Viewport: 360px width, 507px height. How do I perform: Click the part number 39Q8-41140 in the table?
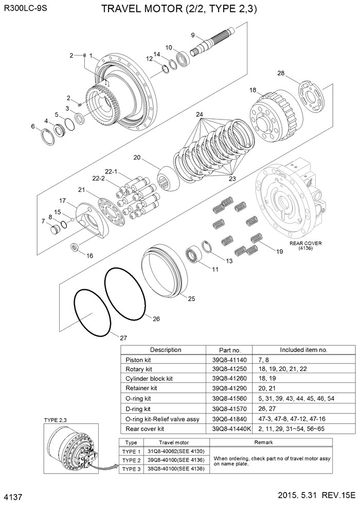pos(226,360)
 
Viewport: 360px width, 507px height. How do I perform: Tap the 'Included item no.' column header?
pos(303,350)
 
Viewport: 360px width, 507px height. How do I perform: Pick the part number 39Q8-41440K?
pos(228,428)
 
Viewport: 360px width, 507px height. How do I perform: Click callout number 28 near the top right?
pos(281,73)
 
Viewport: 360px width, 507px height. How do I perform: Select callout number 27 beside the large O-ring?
pos(123,338)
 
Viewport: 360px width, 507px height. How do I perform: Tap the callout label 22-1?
pos(112,171)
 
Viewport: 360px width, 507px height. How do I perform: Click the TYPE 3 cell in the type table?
pos(131,469)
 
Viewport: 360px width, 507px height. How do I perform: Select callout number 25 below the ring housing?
pos(191,299)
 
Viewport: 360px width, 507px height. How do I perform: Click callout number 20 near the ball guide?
pos(137,158)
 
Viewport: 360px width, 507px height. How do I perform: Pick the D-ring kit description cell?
pos(139,409)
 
